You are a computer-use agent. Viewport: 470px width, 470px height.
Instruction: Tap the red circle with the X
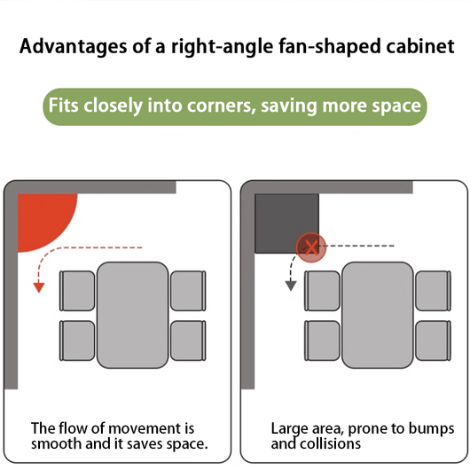pyautogui.click(x=311, y=247)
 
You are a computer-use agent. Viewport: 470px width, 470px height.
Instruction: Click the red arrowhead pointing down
pyautogui.click(x=39, y=287)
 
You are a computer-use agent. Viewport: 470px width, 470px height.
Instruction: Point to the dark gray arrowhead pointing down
pyautogui.click(x=291, y=286)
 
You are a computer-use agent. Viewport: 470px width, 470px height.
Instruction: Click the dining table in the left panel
pyautogui.click(x=132, y=315)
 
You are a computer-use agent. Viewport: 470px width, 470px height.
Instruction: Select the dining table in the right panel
pyautogui.click(x=378, y=315)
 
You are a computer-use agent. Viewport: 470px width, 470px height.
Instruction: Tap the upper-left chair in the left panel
pyautogui.click(x=77, y=291)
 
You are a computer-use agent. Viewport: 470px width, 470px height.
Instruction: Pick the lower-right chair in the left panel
pyautogui.click(x=188, y=341)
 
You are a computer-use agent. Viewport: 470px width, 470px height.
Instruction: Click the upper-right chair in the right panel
pyautogui.click(x=433, y=291)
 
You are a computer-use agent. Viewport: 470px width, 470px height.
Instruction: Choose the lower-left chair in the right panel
pyautogui.click(x=322, y=341)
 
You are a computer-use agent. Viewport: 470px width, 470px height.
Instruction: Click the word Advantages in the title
pyautogui.click(x=73, y=47)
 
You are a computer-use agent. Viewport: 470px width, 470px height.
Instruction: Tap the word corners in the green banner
pyautogui.click(x=222, y=106)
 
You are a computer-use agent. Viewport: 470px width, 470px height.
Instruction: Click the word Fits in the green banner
pyautogui.click(x=64, y=106)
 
